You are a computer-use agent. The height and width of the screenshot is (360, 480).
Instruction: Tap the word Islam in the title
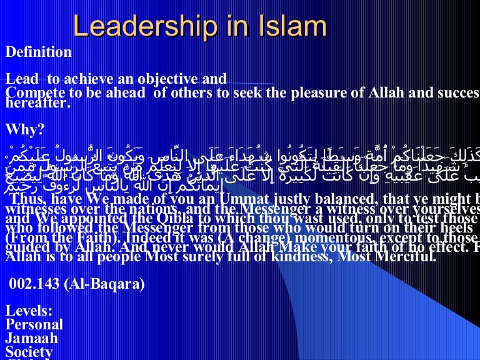tap(287, 26)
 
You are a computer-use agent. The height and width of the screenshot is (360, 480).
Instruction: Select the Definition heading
tap(39, 52)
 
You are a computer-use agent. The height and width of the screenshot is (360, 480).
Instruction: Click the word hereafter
tap(36, 104)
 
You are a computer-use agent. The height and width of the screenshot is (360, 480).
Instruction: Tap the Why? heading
tap(25, 129)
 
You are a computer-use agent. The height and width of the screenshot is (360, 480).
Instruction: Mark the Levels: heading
tap(29, 311)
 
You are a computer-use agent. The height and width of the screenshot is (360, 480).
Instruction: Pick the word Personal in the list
tap(34, 324)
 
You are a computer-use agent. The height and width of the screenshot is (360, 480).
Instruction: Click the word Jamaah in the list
tap(32, 338)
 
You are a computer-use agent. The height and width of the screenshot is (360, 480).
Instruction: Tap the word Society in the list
tap(29, 352)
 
